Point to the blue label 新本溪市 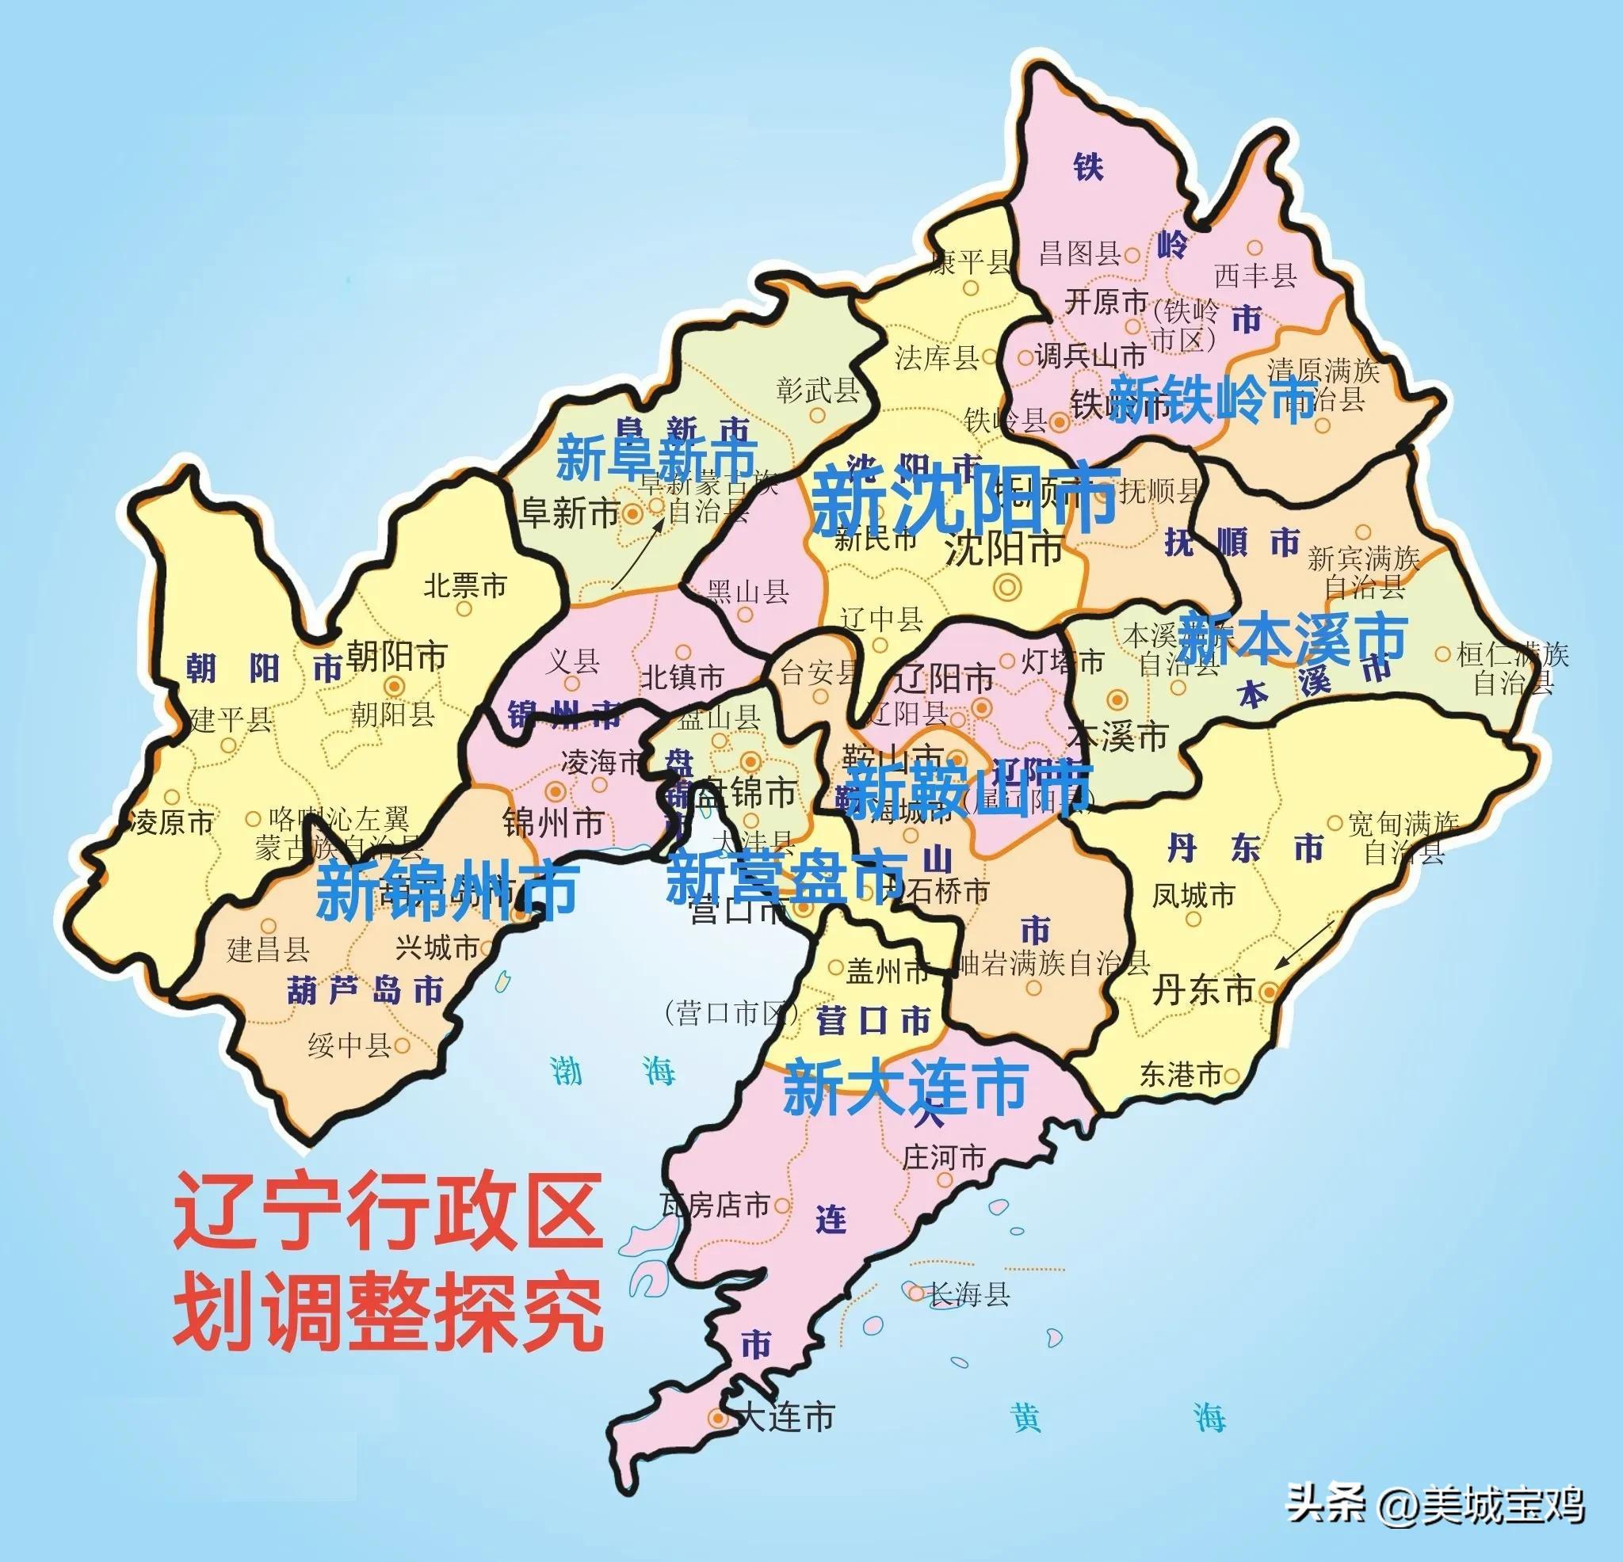1292,638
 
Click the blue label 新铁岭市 1212,399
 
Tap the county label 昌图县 1080,253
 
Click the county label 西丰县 1255,275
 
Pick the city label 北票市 464,586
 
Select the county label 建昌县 269,949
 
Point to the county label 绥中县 349,1046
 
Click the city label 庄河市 944,1157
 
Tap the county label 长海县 969,1293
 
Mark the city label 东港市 1181,1074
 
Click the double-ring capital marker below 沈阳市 1008,587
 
